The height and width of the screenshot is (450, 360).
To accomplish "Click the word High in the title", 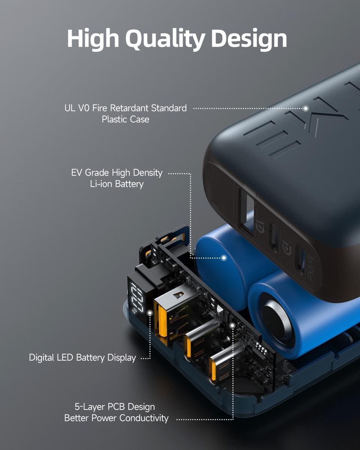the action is [x=93, y=39].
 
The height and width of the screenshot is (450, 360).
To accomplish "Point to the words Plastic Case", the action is [x=126, y=119].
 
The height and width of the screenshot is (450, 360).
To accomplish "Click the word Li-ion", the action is [x=101, y=184].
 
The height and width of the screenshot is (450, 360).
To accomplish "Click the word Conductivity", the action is [x=144, y=418].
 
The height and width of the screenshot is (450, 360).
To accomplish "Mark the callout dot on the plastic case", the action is [x=306, y=108].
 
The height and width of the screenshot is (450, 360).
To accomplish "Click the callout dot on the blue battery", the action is [x=224, y=258].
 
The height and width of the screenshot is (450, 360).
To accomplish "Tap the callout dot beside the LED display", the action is [x=150, y=313].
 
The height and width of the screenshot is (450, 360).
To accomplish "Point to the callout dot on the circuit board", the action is [x=232, y=325].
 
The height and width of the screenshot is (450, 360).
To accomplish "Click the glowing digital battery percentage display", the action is [x=137, y=298].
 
